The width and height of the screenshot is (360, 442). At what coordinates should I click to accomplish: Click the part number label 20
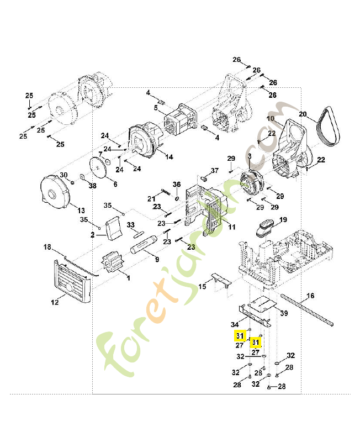(303, 114)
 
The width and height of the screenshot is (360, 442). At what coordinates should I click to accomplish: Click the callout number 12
(55, 302)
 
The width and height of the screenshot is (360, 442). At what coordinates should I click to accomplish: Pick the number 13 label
(81, 211)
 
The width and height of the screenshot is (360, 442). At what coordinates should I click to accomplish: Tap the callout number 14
(169, 157)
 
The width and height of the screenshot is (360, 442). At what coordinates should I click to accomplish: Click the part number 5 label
(156, 108)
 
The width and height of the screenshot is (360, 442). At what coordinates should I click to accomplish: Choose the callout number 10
(271, 119)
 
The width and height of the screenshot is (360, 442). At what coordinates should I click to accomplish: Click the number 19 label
(283, 219)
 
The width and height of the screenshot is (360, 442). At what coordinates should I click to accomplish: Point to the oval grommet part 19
(265, 227)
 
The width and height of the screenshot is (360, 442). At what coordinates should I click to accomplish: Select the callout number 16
(311, 296)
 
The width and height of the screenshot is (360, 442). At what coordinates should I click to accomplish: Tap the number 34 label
(235, 324)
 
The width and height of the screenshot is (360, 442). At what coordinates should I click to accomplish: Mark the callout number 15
(203, 287)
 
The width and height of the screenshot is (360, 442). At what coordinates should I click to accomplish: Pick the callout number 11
(232, 227)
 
